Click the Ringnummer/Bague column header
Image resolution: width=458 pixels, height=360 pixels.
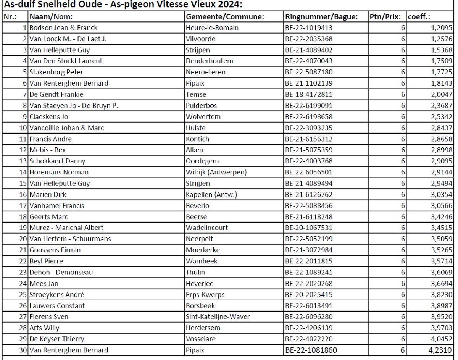point(321,17)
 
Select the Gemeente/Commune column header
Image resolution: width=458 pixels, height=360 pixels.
point(225,17)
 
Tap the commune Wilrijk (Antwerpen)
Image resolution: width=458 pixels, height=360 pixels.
point(216,172)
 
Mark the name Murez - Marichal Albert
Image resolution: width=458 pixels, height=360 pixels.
point(66,228)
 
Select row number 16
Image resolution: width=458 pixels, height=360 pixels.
point(23,195)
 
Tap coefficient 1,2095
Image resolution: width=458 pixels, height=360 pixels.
point(442,28)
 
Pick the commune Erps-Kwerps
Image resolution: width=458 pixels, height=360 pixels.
point(205,295)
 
